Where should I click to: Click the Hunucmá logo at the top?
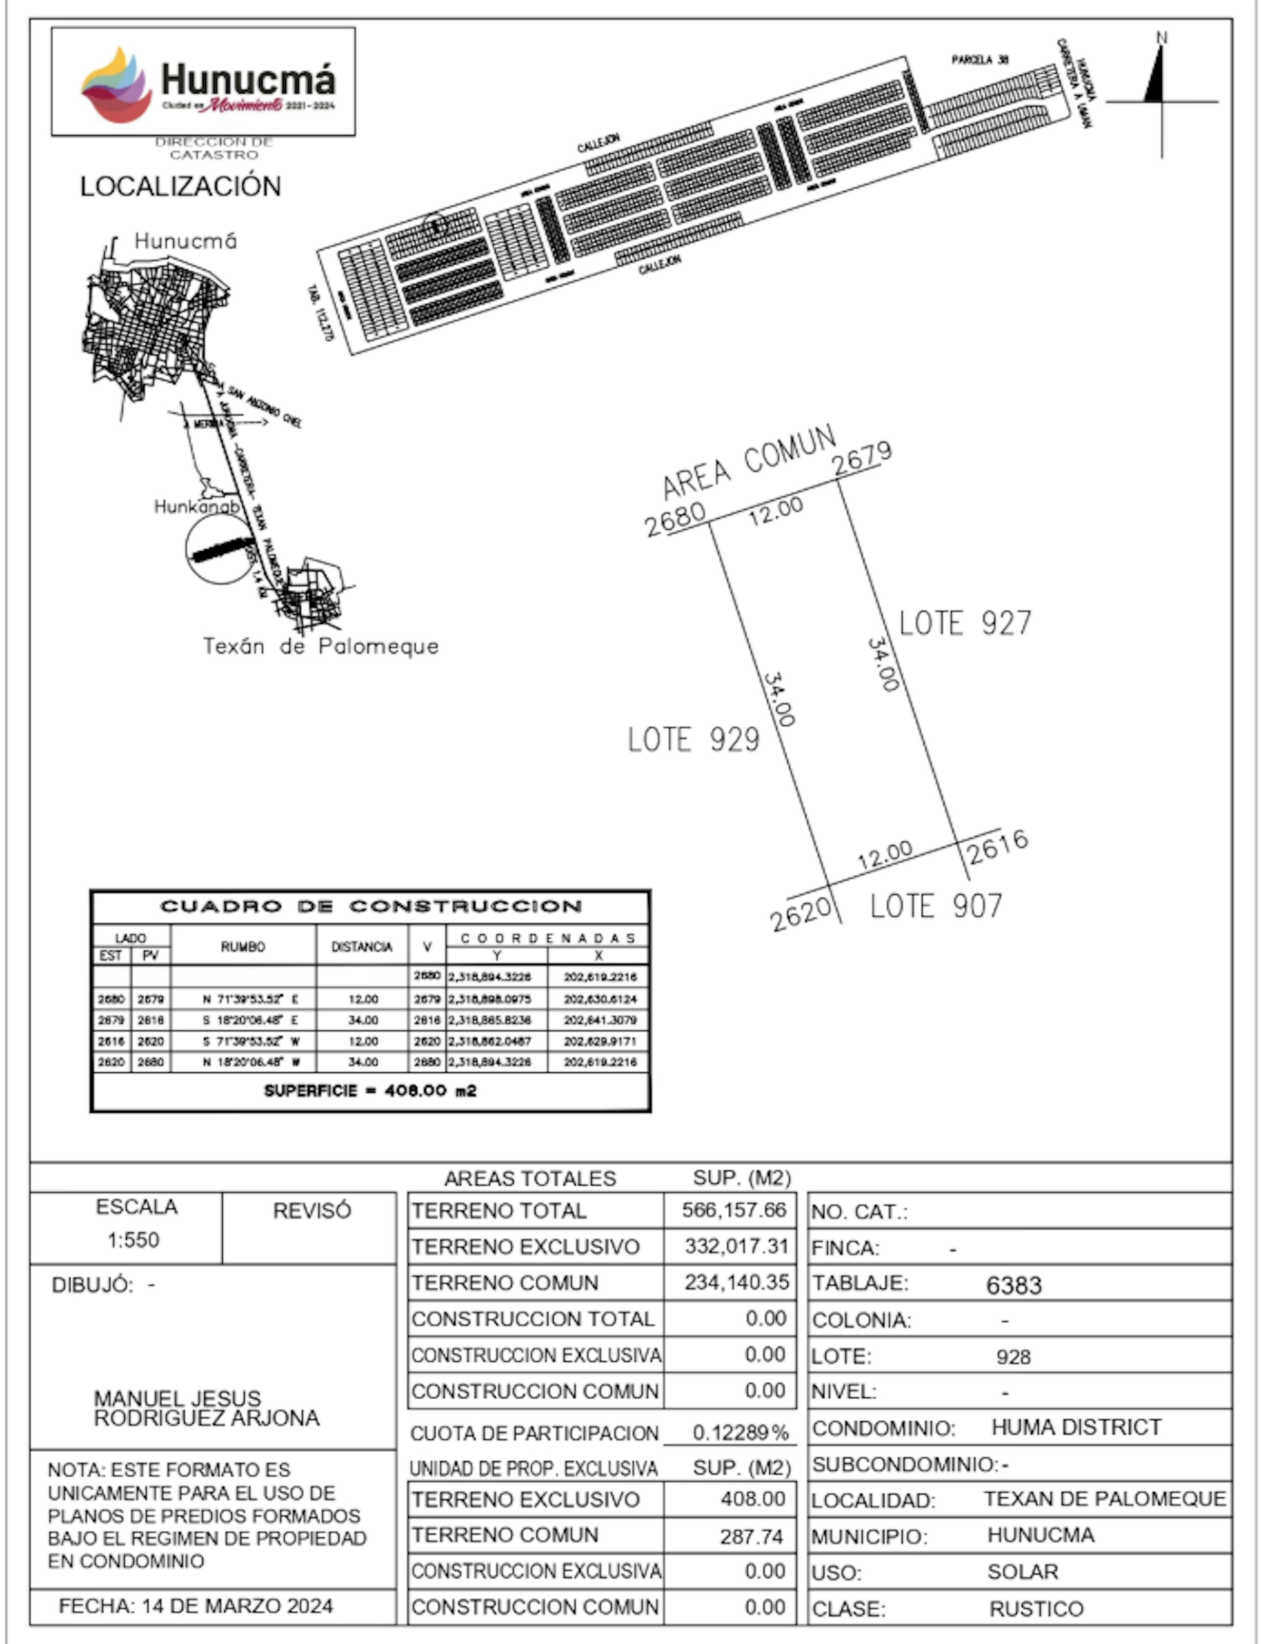pyautogui.click(x=203, y=82)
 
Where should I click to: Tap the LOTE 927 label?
pyautogui.click(x=965, y=624)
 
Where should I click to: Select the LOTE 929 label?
pyautogui.click(x=694, y=740)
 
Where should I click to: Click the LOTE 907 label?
pyautogui.click(x=936, y=907)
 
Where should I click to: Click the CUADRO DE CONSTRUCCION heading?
pyautogui.click(x=371, y=907)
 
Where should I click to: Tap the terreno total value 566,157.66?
pyautogui.click(x=733, y=1210)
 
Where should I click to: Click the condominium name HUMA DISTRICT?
pyautogui.click(x=1076, y=1427)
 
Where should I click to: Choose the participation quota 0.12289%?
pyautogui.click(x=740, y=1433)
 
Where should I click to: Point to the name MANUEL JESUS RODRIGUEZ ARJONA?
pyautogui.click(x=207, y=1408)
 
